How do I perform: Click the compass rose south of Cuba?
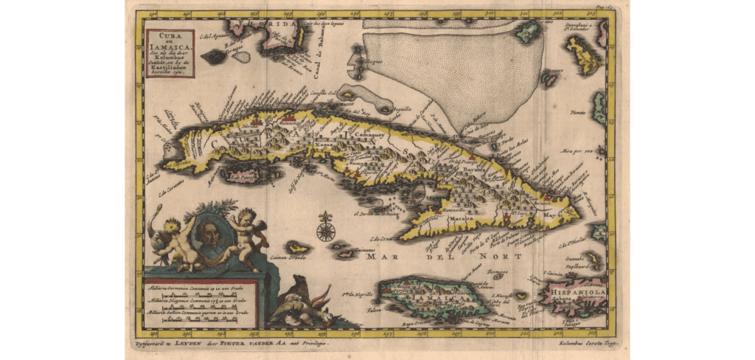pos(325,228)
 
